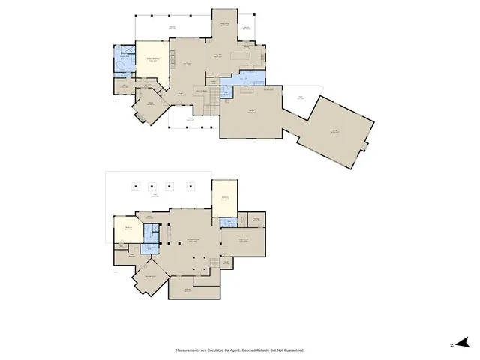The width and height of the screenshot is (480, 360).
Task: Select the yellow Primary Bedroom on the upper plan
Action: [153, 63]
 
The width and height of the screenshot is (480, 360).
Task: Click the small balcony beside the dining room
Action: [247, 31]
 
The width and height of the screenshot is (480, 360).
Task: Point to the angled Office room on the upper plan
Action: [150, 106]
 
